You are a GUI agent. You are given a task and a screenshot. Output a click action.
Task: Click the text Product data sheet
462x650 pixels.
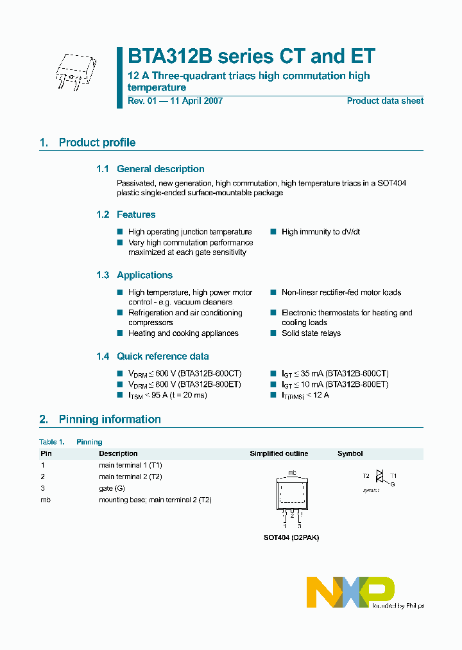(x=385, y=101)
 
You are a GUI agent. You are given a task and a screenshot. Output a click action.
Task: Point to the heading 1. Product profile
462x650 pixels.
(x=87, y=143)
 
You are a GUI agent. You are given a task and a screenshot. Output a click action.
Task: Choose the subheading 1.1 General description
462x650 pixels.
(x=150, y=169)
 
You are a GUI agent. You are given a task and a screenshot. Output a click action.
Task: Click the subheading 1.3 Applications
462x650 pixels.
(x=134, y=275)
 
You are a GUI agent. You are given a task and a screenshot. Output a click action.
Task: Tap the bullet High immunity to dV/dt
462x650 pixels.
(x=320, y=232)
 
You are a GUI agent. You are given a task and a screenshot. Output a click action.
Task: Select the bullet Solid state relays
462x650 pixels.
(x=311, y=333)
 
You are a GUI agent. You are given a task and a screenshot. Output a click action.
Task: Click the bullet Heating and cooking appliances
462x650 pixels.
(x=183, y=333)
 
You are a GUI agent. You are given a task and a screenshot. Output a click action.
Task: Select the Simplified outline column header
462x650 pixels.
(x=278, y=453)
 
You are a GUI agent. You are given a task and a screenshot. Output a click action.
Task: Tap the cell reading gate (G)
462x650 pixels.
(x=112, y=488)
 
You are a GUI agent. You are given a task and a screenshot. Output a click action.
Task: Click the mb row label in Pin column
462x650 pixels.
(x=44, y=500)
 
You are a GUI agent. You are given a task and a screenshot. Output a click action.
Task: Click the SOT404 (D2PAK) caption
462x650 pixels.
(x=291, y=538)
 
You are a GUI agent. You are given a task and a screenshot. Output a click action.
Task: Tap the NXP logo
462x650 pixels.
(x=350, y=592)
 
